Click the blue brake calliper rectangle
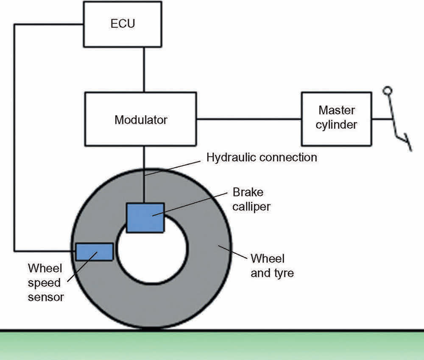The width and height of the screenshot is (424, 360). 145,217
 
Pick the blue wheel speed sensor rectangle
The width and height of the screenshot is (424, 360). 94,252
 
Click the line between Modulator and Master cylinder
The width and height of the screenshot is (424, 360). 248,119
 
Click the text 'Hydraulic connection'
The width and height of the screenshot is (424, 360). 262,158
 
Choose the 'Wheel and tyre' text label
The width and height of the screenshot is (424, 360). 272,266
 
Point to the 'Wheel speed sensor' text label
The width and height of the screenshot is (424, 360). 45,282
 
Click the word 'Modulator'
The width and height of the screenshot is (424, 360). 141,120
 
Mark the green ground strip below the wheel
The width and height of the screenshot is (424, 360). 212,345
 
